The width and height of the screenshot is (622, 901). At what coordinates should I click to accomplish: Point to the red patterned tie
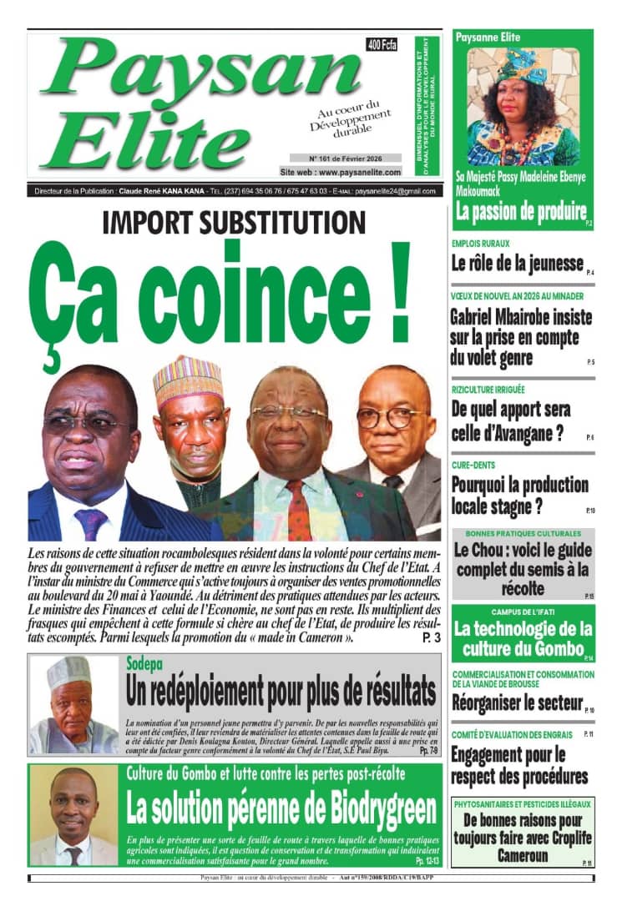300,510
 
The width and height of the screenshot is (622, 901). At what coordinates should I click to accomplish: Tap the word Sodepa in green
144,665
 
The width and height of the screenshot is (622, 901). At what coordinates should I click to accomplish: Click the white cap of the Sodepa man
69,670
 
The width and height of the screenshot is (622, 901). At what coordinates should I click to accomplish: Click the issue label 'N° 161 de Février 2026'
345,157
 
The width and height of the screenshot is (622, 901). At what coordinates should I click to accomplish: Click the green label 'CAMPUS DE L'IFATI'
522,612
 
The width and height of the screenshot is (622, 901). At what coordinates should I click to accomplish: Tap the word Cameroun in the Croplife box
522,856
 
